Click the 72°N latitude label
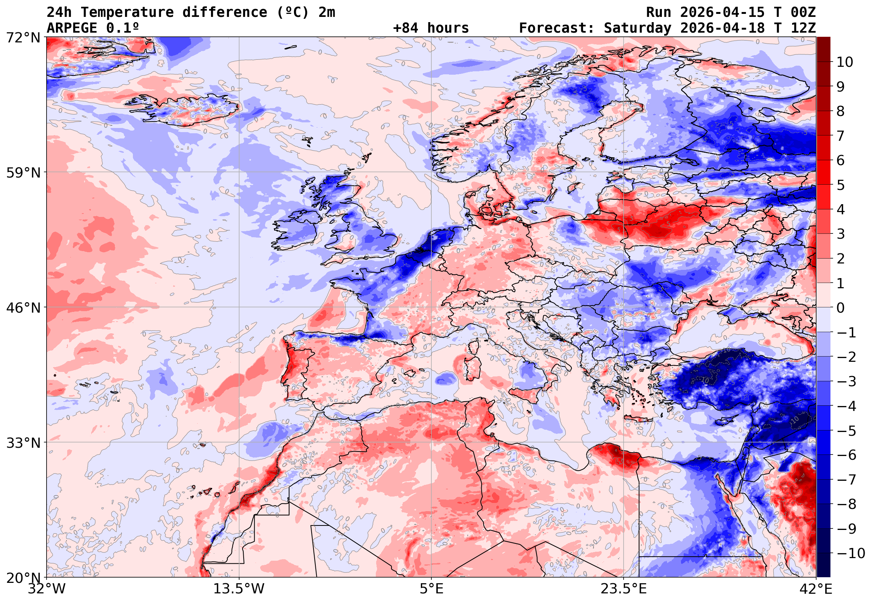pos(23,38)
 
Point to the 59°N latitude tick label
pos(23,173)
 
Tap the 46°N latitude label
pos(23,308)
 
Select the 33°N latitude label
pos(23,443)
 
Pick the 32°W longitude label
pos(47,589)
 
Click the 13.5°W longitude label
pos(239,589)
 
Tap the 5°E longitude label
pos(431,589)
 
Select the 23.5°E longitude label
pos(624,589)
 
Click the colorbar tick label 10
pos(845,62)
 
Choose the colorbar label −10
pos(851,554)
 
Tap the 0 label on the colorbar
pos(841,308)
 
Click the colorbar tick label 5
pos(841,185)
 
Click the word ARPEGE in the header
pos(72,28)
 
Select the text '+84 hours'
pos(431,28)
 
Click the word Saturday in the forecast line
pos(637,28)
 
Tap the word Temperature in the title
pos(127,12)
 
